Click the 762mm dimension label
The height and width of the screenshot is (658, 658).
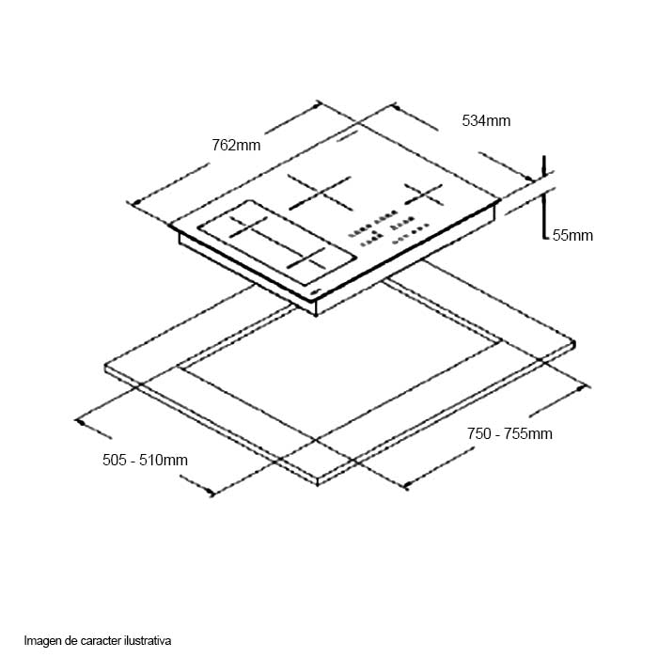[x=236, y=145]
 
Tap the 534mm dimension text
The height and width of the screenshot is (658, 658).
[x=486, y=120]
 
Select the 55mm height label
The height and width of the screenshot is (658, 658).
[x=572, y=236]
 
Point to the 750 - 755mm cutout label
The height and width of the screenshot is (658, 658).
[x=509, y=433]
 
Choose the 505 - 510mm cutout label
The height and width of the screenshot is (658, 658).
[x=145, y=460]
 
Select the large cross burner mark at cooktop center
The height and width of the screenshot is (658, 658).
[x=320, y=194]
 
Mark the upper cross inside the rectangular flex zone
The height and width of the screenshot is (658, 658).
[x=251, y=226]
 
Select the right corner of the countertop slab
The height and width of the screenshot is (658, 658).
[x=573, y=343]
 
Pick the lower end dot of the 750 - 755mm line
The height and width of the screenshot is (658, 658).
[x=406, y=486]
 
